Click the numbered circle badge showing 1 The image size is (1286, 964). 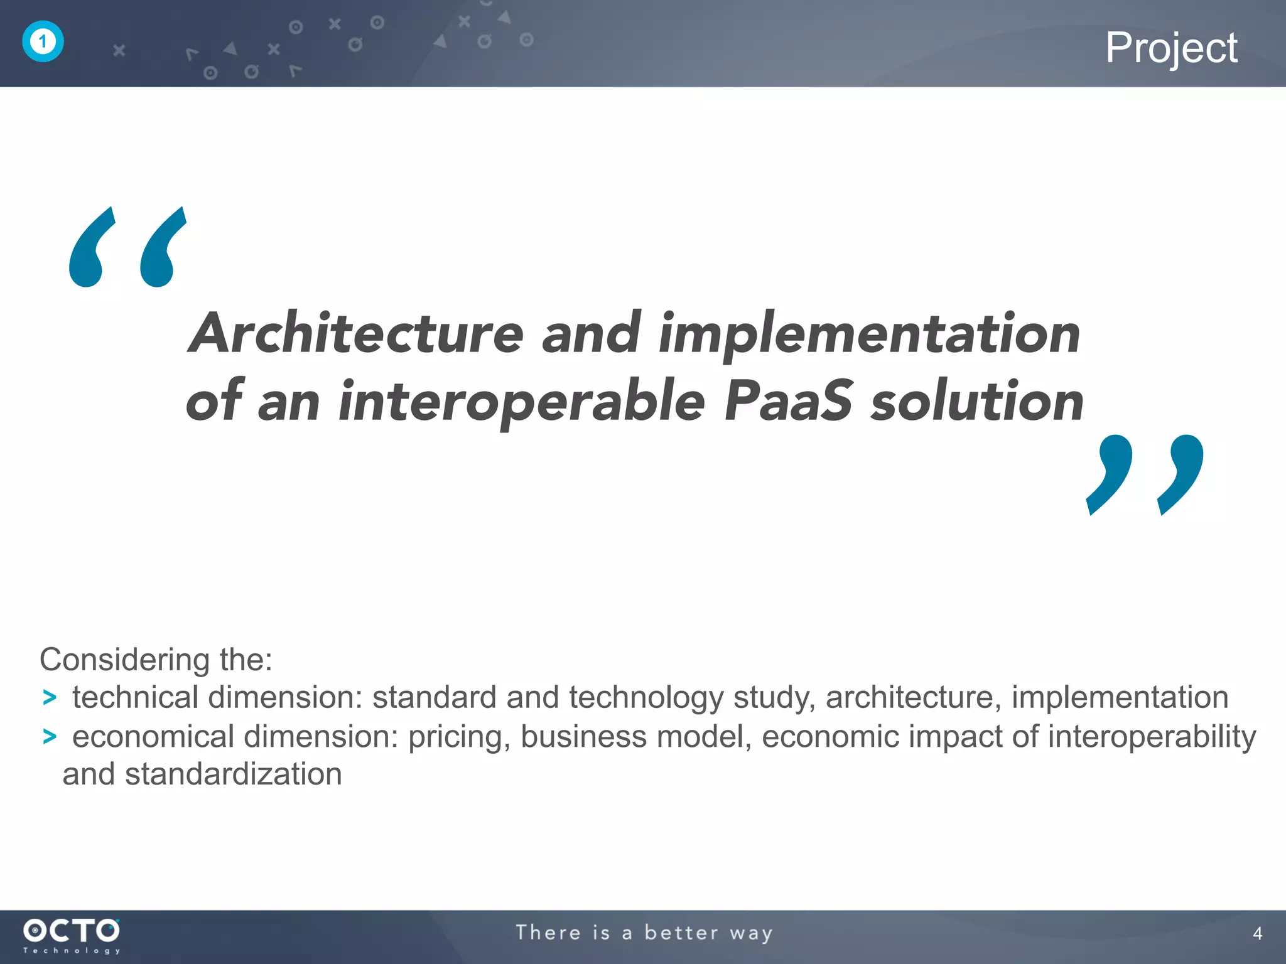click(x=43, y=42)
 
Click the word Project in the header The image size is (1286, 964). click(x=1171, y=48)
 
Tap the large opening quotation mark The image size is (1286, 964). click(x=127, y=247)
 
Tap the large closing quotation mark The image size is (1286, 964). click(x=1145, y=475)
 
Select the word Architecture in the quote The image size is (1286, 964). click(x=356, y=334)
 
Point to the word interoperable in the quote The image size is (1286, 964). click(x=521, y=403)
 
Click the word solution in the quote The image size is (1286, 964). click(x=977, y=402)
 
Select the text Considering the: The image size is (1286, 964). click(x=156, y=660)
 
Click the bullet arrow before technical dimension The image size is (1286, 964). click(x=49, y=698)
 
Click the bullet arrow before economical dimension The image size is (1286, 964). click(x=49, y=737)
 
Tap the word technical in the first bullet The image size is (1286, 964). click(x=135, y=697)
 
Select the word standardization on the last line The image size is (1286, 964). click(x=233, y=774)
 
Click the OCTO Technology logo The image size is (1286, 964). click(x=72, y=936)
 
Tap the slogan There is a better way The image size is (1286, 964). click(x=644, y=933)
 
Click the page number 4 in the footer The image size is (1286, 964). click(x=1257, y=934)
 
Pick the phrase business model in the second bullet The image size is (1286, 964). click(x=635, y=737)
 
